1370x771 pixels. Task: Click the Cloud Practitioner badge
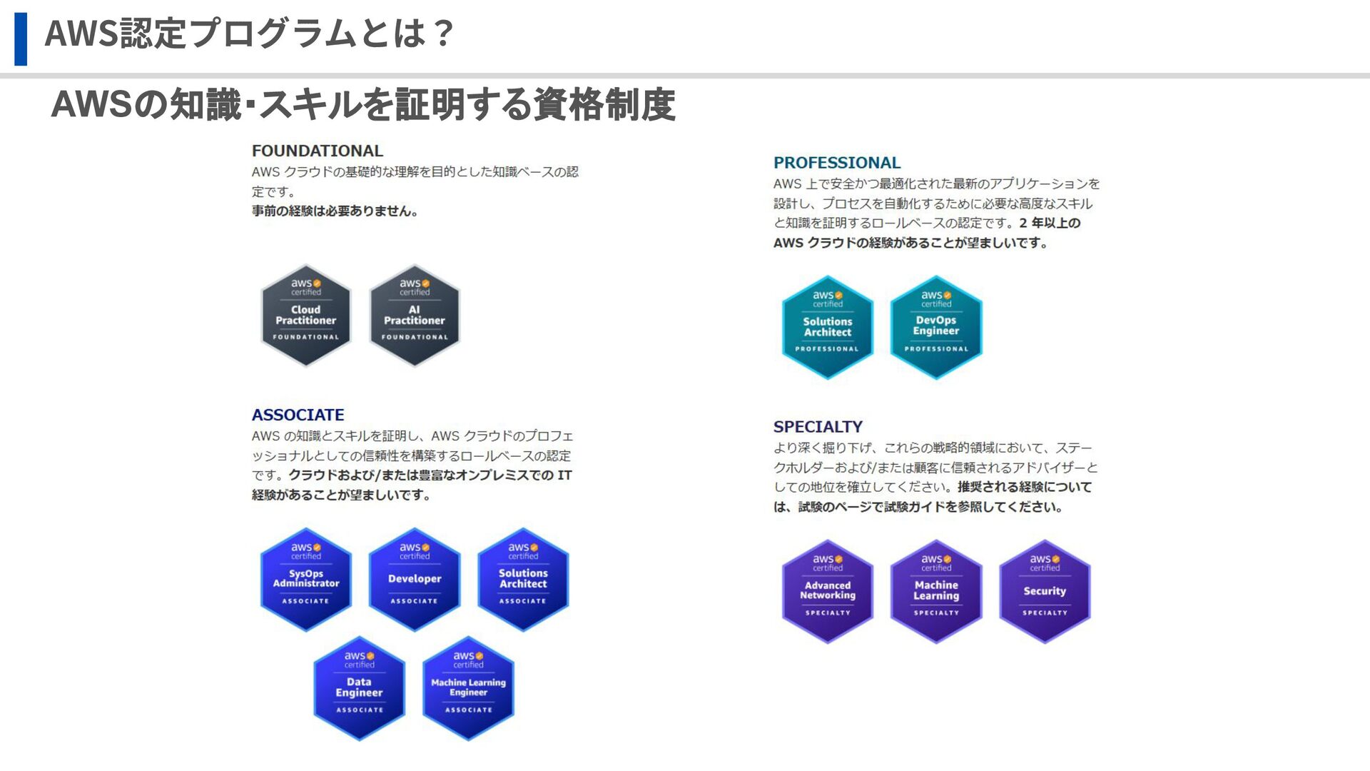pyautogui.click(x=306, y=316)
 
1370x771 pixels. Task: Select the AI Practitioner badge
pyautogui.click(x=415, y=316)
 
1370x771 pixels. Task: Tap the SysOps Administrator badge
pyautogui.click(x=306, y=580)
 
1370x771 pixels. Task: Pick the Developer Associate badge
pyautogui.click(x=415, y=580)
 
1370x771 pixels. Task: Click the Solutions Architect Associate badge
pyautogui.click(x=523, y=580)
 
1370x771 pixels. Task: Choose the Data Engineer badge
pyautogui.click(x=360, y=688)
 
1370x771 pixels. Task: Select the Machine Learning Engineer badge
pyautogui.click(x=468, y=688)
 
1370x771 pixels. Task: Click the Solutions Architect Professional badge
pyautogui.click(x=828, y=327)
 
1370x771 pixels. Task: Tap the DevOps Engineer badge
pyautogui.click(x=936, y=327)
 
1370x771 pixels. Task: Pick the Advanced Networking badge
pyautogui.click(x=828, y=591)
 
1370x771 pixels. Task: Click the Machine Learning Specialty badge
pyautogui.click(x=936, y=591)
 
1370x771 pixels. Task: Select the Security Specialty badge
pyautogui.click(x=1045, y=591)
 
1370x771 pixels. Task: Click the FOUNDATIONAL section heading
pyautogui.click(x=318, y=151)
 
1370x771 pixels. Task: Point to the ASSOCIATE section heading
pyautogui.click(x=298, y=415)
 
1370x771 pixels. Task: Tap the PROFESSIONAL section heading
pyautogui.click(x=837, y=163)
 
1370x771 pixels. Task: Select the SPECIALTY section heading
pyautogui.click(x=818, y=427)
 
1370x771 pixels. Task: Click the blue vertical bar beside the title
pyautogui.click(x=21, y=39)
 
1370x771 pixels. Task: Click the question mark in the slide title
pyautogui.click(x=442, y=34)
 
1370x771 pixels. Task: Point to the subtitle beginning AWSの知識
pyautogui.click(x=363, y=104)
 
